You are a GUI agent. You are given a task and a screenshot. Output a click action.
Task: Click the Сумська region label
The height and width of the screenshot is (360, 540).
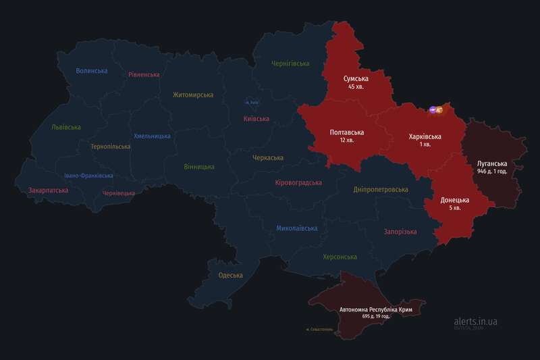356,78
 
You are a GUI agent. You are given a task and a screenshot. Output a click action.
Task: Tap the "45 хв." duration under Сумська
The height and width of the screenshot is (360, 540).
356,87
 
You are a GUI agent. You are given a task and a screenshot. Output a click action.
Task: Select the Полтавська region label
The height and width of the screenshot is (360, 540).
347,132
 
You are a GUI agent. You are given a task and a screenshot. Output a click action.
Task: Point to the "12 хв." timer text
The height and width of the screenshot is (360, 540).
347,140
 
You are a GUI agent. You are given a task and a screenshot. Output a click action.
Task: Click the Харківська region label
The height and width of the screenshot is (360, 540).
425,136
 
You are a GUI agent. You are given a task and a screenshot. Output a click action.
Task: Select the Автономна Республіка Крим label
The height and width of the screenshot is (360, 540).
377,309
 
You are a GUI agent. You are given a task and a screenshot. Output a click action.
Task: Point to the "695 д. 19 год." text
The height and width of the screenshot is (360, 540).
377,316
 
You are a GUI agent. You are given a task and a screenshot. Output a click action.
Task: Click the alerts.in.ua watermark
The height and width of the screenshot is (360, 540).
475,322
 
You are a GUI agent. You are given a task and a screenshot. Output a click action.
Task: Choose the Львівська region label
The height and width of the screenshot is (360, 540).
66,127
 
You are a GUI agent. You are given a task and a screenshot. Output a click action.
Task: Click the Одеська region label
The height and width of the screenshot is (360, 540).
230,275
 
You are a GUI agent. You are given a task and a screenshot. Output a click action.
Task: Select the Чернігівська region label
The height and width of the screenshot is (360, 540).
290,63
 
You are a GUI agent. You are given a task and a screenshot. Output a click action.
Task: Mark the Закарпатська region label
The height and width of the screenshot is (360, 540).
49,190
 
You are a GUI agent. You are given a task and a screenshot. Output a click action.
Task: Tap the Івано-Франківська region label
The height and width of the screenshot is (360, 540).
89,176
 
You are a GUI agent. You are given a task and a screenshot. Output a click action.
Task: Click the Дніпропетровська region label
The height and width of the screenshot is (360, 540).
381,189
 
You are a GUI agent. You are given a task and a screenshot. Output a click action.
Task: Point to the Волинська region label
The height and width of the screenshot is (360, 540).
92,71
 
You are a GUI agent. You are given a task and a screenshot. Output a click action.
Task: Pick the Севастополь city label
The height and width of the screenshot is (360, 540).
319,330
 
